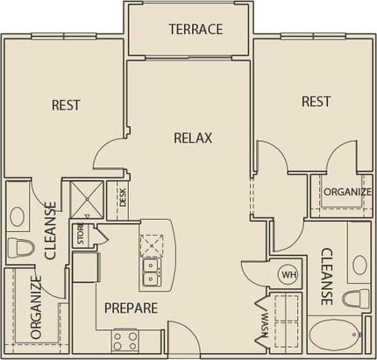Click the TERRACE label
(196, 29)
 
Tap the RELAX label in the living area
(193, 137)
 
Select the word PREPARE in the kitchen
(131, 307)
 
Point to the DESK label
(123, 197)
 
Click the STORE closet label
(80, 234)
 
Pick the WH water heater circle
(288, 275)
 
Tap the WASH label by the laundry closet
(263, 322)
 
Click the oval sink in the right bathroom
(359, 263)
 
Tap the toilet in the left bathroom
(17, 247)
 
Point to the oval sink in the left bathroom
(17, 214)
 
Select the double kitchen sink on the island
(150, 272)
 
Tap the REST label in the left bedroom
(66, 105)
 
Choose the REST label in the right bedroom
(316, 102)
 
